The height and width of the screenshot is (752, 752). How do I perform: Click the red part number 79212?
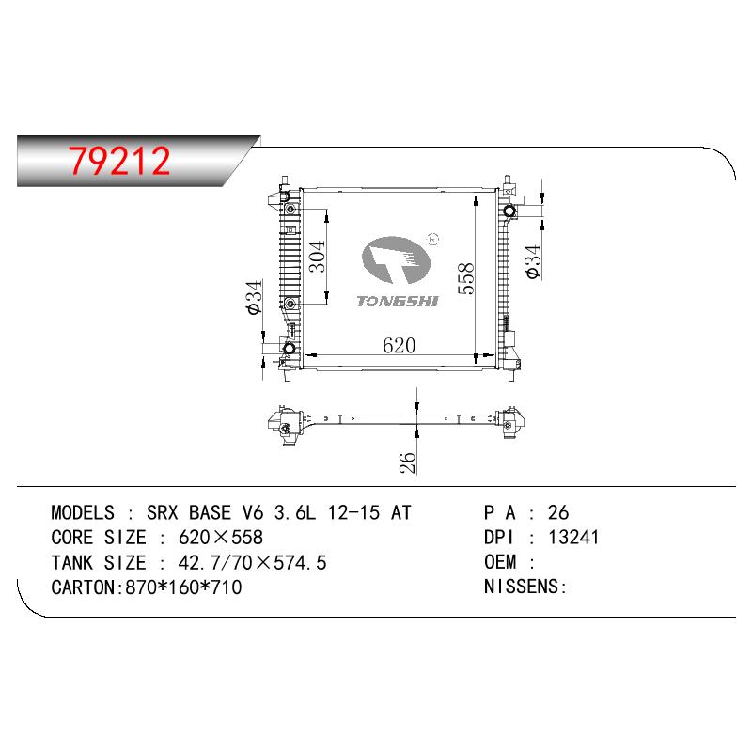(119, 161)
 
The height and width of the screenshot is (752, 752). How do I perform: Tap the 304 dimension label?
(317, 257)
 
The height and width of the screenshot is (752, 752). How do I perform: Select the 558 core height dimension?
(465, 278)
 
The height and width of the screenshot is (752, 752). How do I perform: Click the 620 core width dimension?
(399, 345)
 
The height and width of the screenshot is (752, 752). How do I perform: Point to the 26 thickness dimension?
(407, 462)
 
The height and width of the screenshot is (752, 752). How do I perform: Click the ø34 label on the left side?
(254, 297)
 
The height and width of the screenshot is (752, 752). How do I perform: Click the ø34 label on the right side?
(533, 261)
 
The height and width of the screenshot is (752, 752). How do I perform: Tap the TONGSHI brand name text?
(398, 301)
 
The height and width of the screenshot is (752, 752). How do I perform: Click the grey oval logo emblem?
(396, 259)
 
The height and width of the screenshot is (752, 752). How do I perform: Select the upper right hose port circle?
(509, 211)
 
